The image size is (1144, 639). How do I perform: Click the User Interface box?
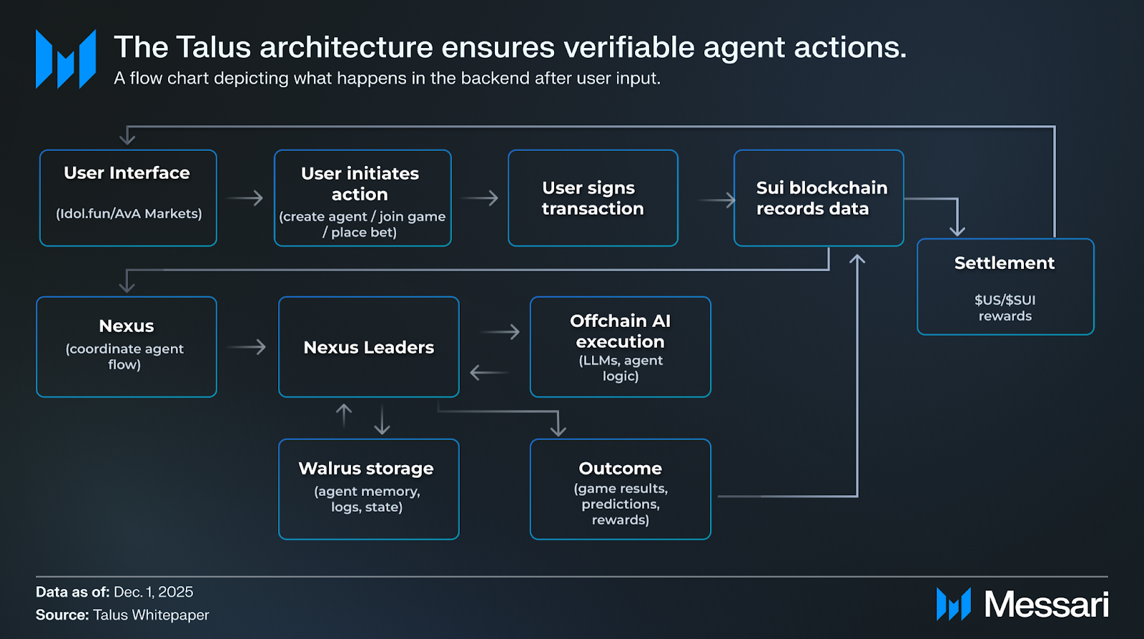point(128,197)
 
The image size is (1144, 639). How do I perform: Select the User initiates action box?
point(363,197)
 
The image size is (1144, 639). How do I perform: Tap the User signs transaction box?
point(593,197)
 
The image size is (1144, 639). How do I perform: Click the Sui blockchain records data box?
point(819,197)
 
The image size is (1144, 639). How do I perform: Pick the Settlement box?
point(1005,286)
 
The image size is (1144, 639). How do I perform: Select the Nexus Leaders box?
point(369,347)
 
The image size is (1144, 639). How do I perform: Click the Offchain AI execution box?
point(621,347)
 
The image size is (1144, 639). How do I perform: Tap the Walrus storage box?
point(369,489)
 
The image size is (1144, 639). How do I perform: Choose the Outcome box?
point(621,489)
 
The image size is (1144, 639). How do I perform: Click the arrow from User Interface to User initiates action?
point(246,198)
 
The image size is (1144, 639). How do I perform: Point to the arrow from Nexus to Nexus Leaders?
point(247,347)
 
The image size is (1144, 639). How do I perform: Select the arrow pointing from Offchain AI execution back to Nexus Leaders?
point(489,372)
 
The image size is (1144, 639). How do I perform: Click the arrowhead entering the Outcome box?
point(558,428)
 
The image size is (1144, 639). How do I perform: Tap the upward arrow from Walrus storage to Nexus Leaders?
point(344,415)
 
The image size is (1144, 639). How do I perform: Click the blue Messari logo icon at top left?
point(66,59)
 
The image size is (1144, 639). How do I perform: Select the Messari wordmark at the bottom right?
point(1046,605)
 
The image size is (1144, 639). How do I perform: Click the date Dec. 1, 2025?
point(154,592)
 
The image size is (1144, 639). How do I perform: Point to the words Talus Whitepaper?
point(151,615)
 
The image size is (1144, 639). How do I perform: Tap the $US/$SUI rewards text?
point(1005,308)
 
